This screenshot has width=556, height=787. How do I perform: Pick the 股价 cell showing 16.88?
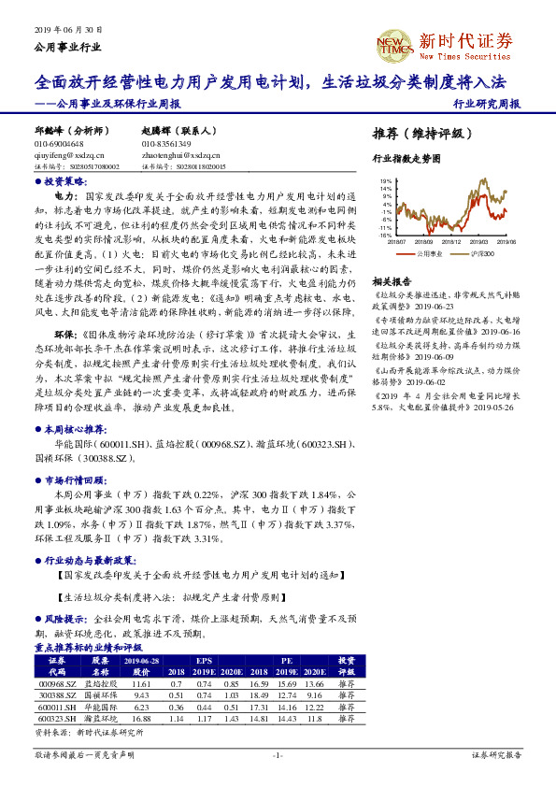(142, 718)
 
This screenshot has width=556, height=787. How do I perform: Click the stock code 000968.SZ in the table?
(56, 684)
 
